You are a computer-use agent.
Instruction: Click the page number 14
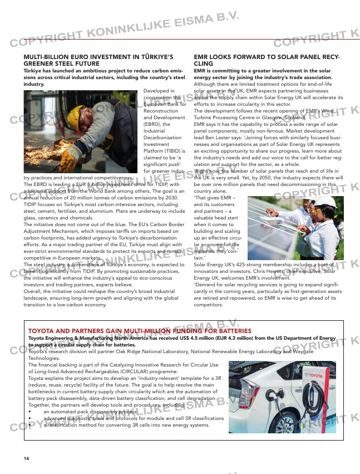[26, 458]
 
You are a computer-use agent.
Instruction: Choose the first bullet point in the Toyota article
[30, 412]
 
